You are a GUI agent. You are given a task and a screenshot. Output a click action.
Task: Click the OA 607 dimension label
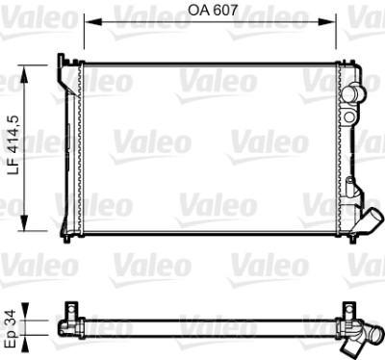coord(213,10)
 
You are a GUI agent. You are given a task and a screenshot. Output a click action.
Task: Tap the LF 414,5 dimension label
coord(14,145)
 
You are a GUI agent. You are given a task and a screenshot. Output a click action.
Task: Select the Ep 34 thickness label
coord(12,328)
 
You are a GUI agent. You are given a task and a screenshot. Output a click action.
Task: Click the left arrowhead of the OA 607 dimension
coord(92,21)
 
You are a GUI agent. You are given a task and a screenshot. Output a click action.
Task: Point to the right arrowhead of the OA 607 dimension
coord(327,21)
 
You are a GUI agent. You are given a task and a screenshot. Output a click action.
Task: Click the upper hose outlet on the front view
coord(353,93)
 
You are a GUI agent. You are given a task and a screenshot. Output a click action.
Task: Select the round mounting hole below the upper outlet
coord(349,116)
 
